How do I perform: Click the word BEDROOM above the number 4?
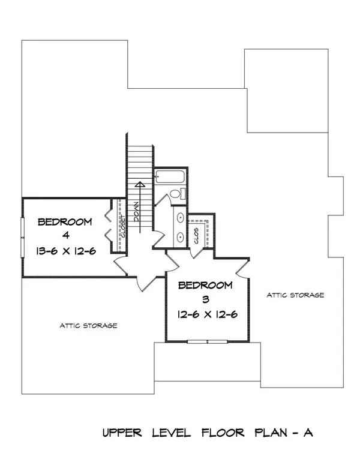point(65,222)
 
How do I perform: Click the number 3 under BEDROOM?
point(205,298)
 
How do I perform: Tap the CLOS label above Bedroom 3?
point(197,236)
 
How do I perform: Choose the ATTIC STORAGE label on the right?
point(296,295)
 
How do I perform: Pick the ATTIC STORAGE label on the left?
point(88,326)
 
